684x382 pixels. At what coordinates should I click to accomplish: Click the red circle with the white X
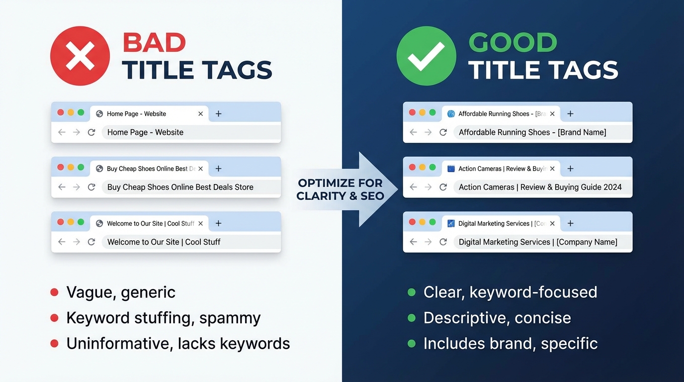tap(80, 56)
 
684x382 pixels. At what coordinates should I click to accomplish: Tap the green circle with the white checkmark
tap(426, 56)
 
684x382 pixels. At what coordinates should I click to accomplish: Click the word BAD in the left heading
tap(154, 43)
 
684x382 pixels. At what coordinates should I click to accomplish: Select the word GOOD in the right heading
tap(513, 43)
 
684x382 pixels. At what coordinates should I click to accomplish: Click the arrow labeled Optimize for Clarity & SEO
tap(348, 190)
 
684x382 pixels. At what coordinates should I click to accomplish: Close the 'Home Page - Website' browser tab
tap(200, 114)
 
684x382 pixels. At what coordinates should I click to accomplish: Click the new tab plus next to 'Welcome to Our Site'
tap(218, 223)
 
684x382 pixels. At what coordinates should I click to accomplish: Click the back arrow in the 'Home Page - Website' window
tap(62, 132)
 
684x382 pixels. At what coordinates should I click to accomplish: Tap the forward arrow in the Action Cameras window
tap(428, 187)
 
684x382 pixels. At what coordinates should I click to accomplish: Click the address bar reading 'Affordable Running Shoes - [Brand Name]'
tap(532, 132)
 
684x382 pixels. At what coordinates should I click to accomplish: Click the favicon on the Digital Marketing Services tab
tap(451, 223)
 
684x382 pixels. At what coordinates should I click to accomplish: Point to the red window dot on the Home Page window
tap(61, 112)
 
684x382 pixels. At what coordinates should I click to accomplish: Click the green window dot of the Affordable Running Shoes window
tap(432, 112)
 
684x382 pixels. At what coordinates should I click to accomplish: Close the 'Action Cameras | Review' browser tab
tap(552, 169)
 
